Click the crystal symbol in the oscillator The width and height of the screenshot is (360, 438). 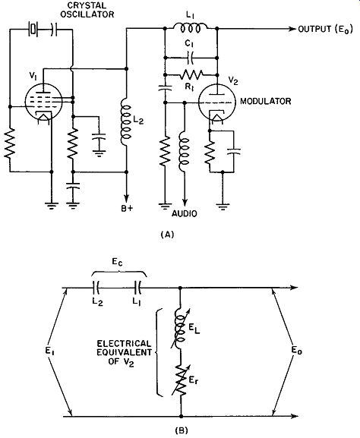33,29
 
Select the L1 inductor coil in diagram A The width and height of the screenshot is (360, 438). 190,27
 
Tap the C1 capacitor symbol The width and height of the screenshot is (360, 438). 191,58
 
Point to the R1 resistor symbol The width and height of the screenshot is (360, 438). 192,74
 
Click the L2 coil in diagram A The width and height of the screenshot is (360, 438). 126,123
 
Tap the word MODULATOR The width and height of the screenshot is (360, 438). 266,101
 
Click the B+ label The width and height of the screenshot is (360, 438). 127,209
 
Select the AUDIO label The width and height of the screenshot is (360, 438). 185,214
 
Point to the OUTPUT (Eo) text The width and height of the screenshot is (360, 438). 325,29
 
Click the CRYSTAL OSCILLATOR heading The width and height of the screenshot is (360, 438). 87,10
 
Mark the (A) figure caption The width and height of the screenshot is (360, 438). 167,235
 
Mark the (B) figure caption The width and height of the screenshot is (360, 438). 181,430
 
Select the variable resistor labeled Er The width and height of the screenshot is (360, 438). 181,380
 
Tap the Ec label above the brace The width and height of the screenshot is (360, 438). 117,262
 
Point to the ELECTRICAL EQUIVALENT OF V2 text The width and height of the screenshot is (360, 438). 124,352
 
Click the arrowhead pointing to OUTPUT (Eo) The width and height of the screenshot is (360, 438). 292,29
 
